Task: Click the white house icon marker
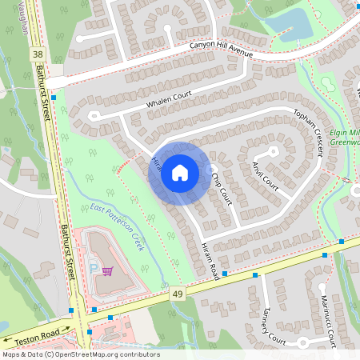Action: tap(179, 173)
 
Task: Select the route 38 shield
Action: tap(38, 54)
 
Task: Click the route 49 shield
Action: tap(175, 296)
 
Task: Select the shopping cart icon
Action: tap(106, 272)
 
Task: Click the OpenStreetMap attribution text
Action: tap(80, 354)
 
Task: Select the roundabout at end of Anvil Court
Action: tap(273, 150)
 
